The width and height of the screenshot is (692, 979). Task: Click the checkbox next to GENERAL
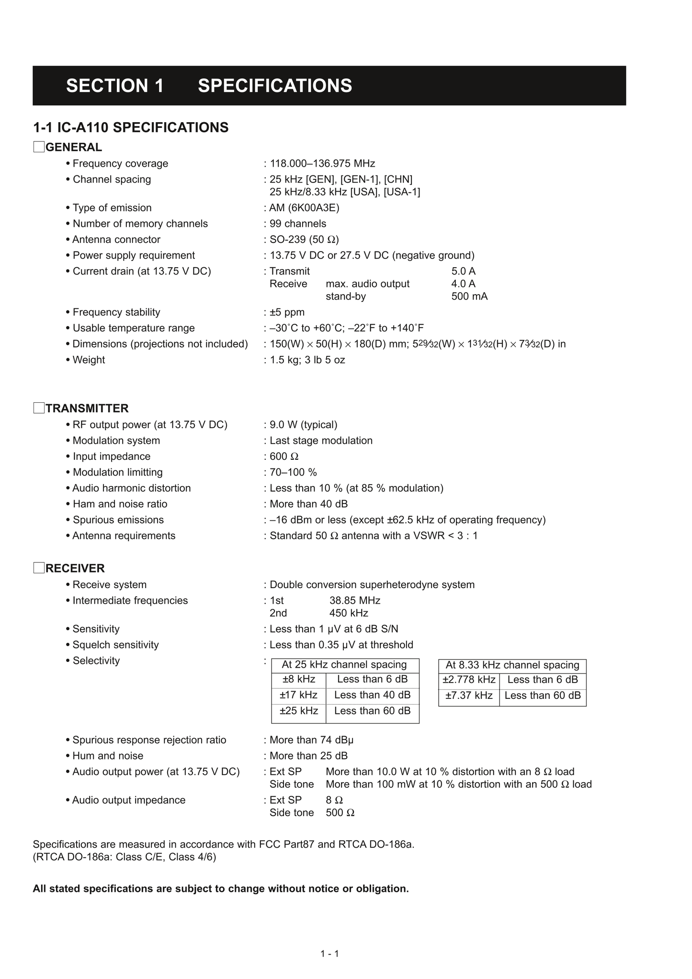(39, 147)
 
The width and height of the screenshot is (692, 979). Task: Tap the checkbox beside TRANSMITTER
(39, 408)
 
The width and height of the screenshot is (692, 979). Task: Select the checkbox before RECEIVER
(39, 568)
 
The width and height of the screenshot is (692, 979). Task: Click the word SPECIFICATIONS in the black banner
(275, 86)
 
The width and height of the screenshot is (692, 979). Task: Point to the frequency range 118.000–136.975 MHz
(322, 164)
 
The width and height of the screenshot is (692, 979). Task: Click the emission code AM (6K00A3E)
(304, 208)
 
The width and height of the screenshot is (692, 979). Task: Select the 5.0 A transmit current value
(463, 272)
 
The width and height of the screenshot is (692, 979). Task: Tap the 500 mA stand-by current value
(469, 296)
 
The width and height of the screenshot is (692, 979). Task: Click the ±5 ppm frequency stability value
(287, 312)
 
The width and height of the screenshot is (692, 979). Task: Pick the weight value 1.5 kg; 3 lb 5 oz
(307, 360)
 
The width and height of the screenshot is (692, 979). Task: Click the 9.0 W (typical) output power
(303, 425)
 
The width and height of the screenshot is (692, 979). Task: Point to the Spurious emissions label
(118, 520)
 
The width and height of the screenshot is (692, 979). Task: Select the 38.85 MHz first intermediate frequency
(355, 601)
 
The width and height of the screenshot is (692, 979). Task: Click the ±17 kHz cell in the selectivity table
(298, 695)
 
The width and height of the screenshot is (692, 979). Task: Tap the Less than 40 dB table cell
(372, 695)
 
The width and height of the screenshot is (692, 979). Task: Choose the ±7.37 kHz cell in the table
(469, 695)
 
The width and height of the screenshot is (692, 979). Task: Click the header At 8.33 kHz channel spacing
(512, 665)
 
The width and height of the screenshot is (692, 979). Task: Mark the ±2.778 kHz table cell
(469, 680)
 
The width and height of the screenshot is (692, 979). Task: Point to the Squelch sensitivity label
(115, 645)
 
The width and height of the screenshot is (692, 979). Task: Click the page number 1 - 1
(329, 954)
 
